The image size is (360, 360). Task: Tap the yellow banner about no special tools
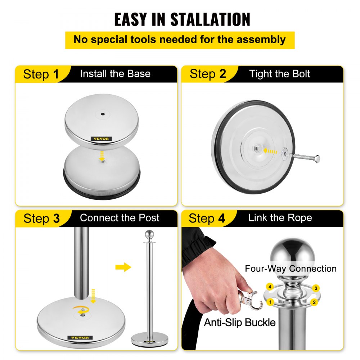[180, 40]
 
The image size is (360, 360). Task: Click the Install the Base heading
[115, 74]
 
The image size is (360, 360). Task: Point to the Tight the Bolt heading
[280, 74]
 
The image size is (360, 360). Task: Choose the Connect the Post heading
[120, 218]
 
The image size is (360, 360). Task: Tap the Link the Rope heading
[280, 218]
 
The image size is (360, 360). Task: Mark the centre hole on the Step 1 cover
[103, 114]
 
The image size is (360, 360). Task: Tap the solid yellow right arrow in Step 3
[123, 267]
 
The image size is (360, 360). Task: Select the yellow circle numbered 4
[269, 287]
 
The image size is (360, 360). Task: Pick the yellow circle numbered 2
[314, 302]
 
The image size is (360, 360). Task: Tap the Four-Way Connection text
[291, 269]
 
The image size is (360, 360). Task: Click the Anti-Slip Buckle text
[240, 322]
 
